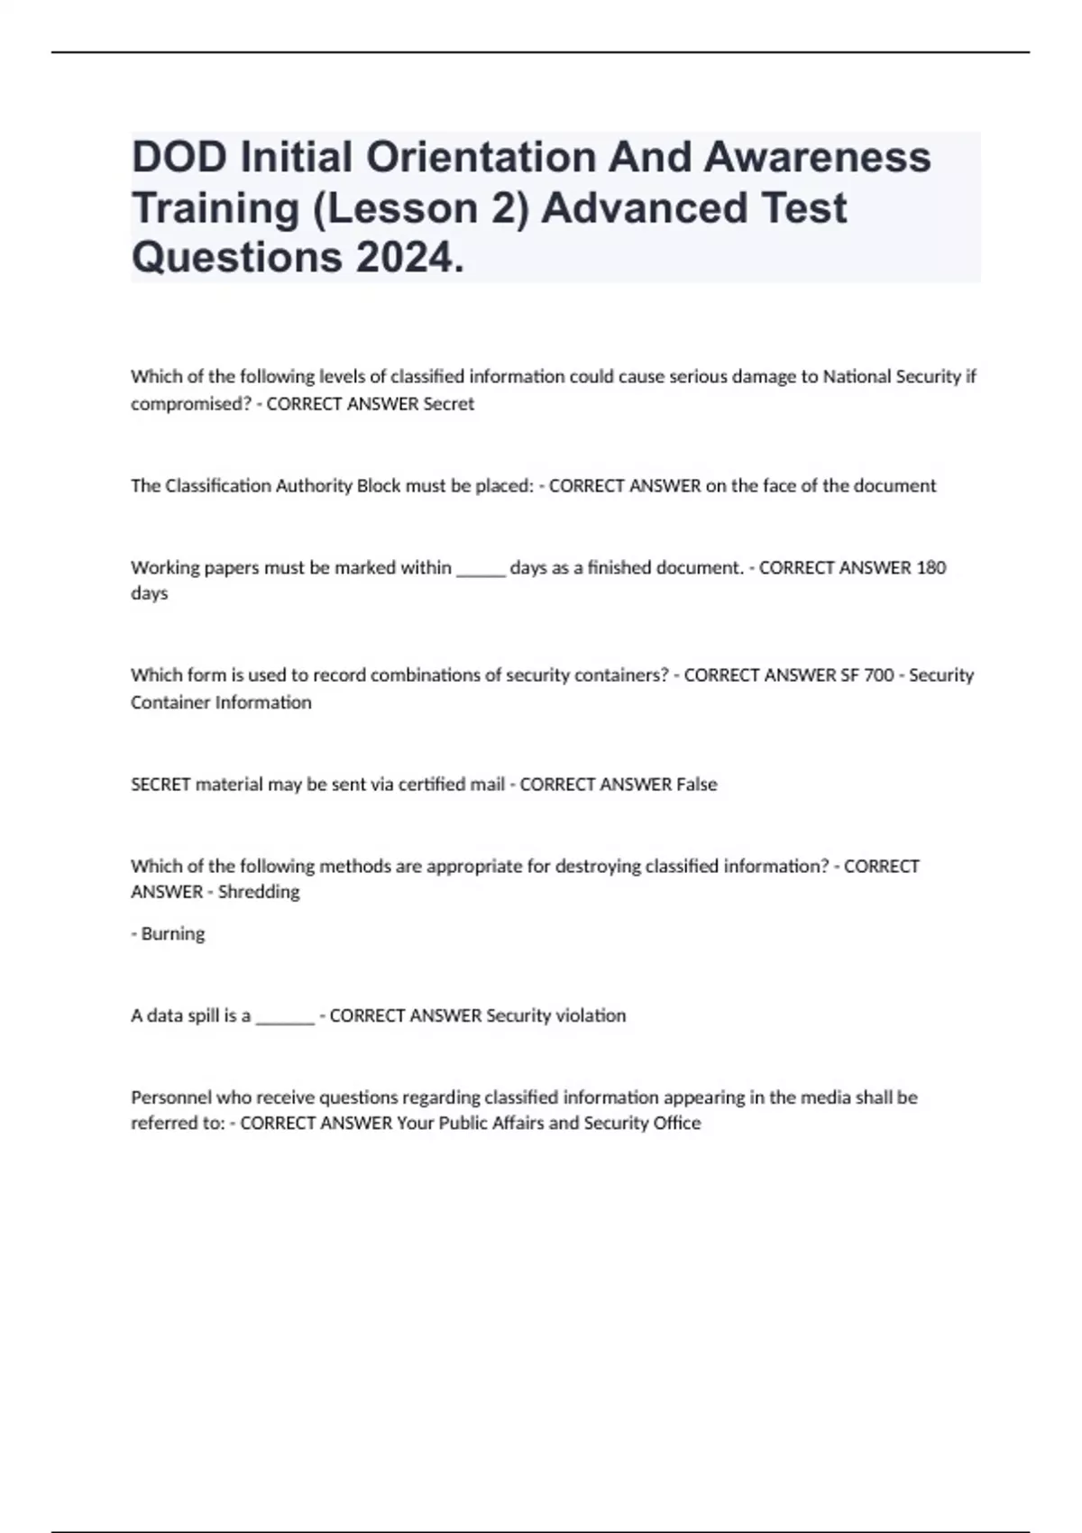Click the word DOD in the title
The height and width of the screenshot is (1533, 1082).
pos(179,158)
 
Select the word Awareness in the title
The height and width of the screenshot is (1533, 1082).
pos(817,158)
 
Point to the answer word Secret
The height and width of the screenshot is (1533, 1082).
pos(448,404)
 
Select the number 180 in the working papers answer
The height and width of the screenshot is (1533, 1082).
pos(931,567)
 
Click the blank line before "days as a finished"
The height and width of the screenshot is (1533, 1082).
pos(481,571)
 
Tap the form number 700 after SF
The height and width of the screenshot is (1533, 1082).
pos(878,675)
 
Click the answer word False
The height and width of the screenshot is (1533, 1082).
pos(696,785)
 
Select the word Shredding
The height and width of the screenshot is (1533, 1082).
pos(259,892)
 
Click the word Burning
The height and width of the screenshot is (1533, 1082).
pos(173,934)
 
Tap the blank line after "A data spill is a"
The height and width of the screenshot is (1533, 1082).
pos(285,1020)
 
